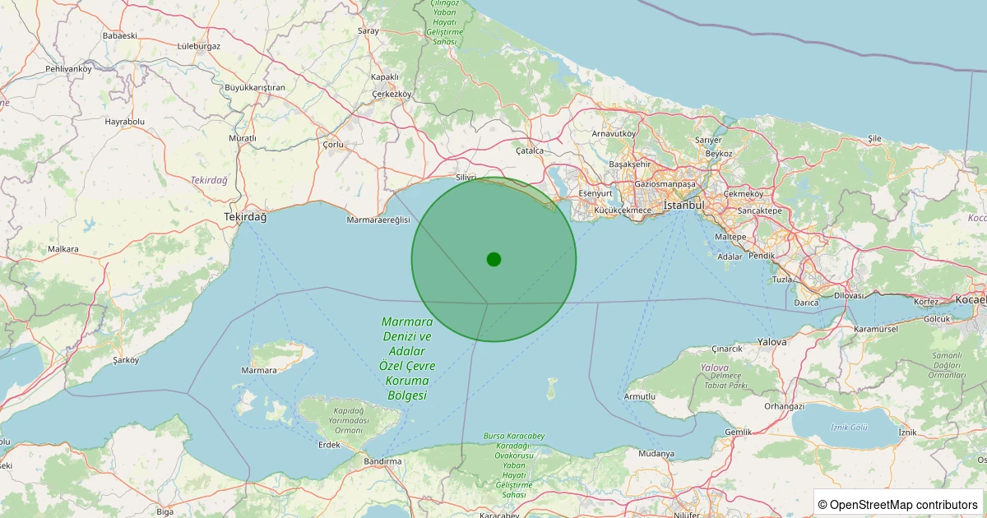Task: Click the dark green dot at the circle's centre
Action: (x=493, y=259)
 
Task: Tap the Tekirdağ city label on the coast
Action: (x=245, y=217)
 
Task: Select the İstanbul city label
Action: (x=684, y=205)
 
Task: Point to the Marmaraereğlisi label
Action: (x=378, y=220)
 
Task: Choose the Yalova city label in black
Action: (x=772, y=341)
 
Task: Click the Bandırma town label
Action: (x=382, y=461)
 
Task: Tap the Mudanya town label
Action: (x=656, y=453)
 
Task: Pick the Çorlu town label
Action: (x=333, y=145)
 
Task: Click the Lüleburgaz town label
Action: (x=199, y=46)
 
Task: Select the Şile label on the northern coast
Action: (x=874, y=139)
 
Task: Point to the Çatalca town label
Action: (x=530, y=150)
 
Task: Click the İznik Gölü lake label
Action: (x=849, y=428)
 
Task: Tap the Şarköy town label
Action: (x=127, y=360)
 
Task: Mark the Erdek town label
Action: (x=329, y=445)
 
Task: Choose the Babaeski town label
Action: (x=119, y=36)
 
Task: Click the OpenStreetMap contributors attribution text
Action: (x=899, y=504)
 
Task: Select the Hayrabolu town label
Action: (x=124, y=122)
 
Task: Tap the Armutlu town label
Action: (x=640, y=396)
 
